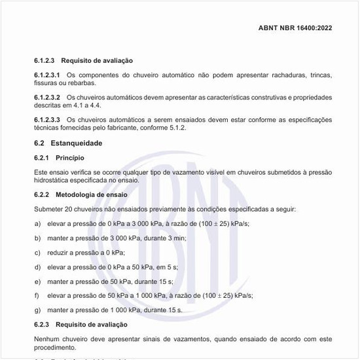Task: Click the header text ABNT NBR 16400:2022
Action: [295, 29]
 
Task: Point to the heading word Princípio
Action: [70, 158]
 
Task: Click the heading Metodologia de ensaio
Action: [92, 194]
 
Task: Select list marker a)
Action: [37, 223]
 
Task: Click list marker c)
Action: [37, 252]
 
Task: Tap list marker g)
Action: [37, 310]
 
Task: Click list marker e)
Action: [37, 281]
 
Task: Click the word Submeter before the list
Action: [49, 209]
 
